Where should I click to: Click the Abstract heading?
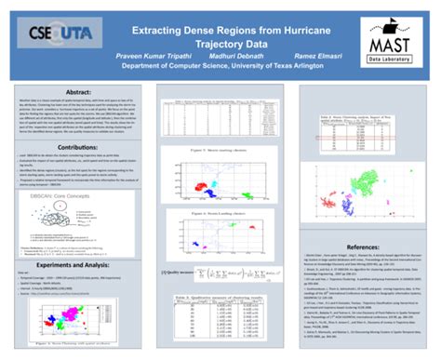[x=78, y=93]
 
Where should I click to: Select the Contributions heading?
[x=78, y=147]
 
